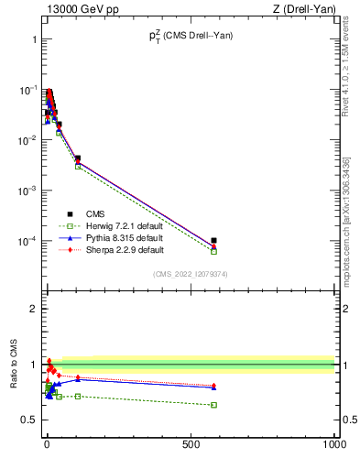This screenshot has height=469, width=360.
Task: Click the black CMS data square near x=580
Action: (213, 241)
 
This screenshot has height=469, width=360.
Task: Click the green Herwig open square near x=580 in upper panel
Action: (213, 251)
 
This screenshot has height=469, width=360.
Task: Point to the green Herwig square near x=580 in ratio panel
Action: (213, 404)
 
